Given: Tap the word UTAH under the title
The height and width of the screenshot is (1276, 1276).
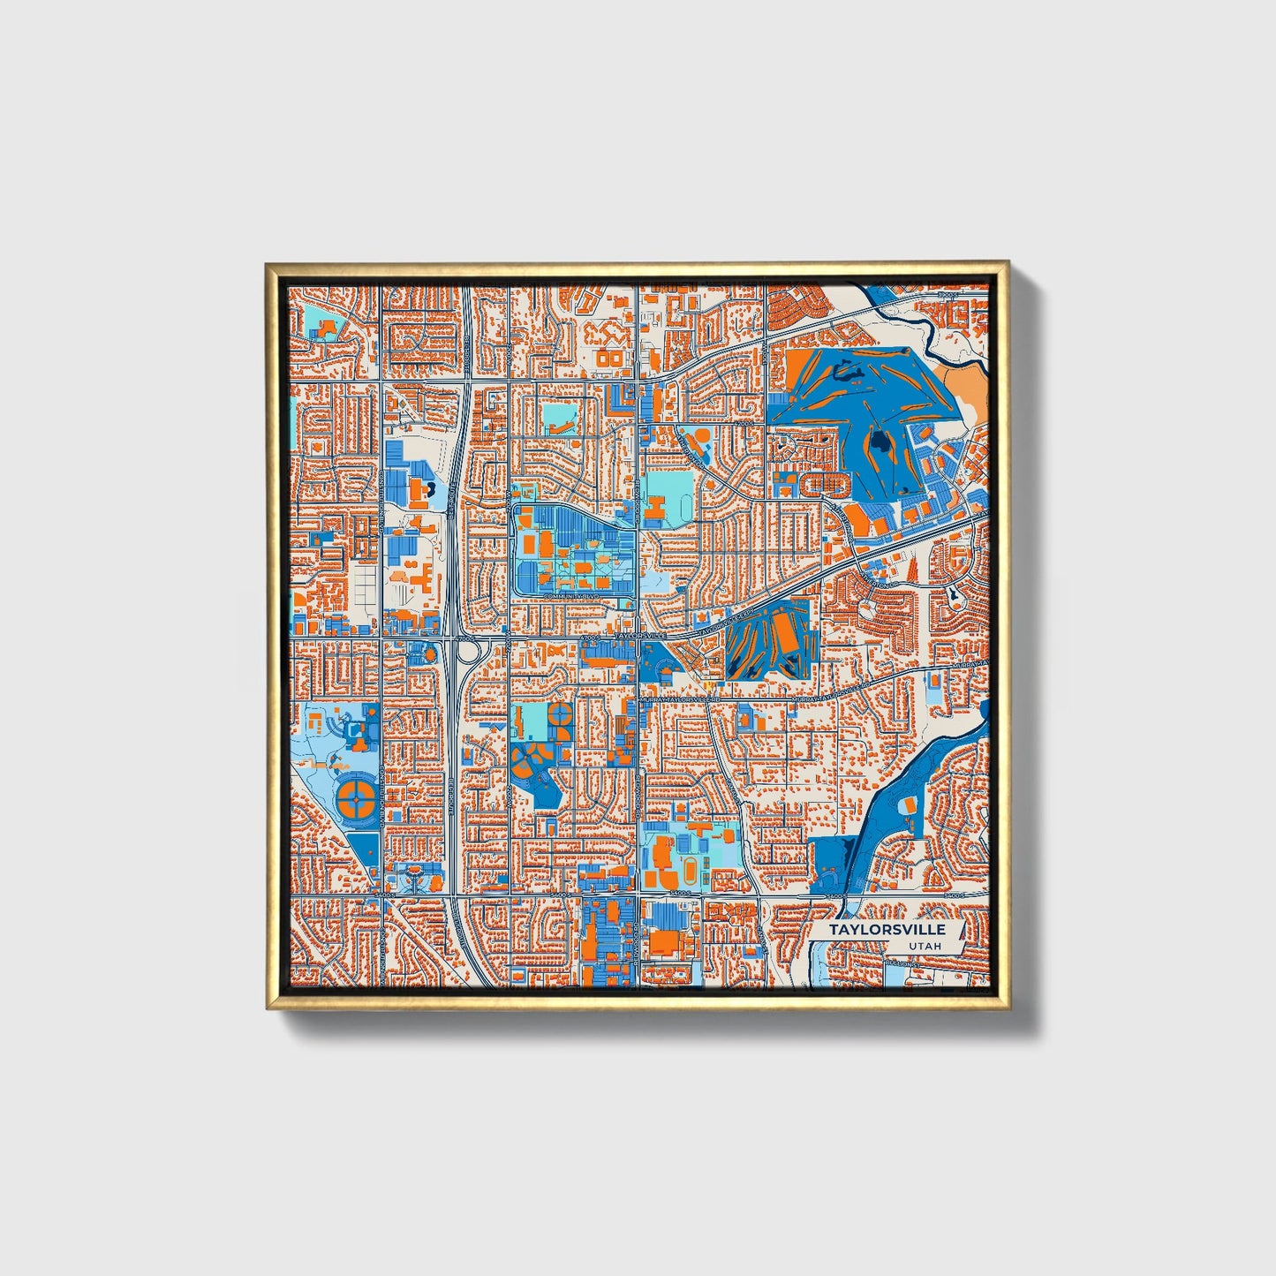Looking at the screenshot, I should point(923,946).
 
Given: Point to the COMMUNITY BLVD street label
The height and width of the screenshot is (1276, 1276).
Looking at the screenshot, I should point(572,598).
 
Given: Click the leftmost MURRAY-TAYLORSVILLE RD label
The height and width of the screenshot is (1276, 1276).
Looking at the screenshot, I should point(678,698).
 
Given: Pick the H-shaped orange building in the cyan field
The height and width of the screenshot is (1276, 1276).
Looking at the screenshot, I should point(655,509).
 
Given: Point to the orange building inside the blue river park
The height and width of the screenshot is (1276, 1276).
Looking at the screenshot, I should point(908,804).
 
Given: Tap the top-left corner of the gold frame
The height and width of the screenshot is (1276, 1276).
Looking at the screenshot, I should point(268,265).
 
